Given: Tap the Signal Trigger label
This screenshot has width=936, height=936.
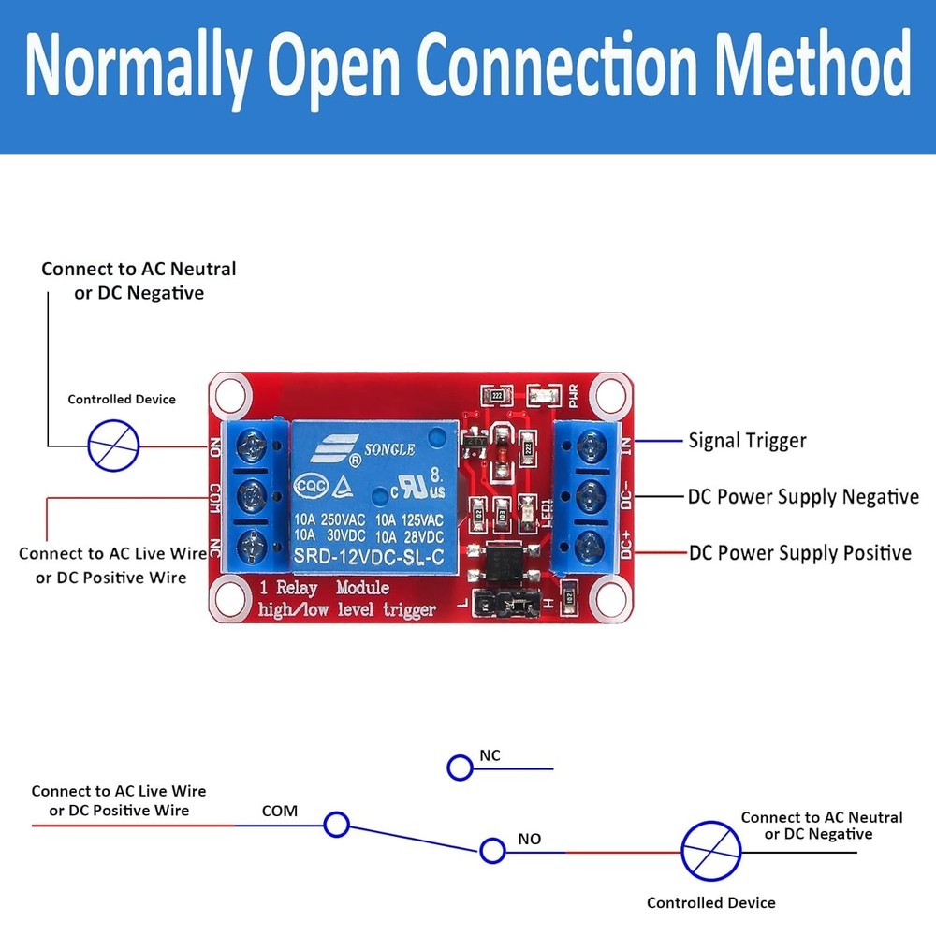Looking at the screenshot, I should (x=747, y=440).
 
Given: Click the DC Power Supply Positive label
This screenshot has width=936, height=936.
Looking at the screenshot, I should (x=800, y=552).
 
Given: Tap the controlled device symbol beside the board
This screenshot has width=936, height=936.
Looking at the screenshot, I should (x=113, y=445).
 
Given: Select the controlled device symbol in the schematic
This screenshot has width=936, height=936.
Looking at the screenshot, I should (x=710, y=852).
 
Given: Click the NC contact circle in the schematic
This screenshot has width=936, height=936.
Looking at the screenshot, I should (x=460, y=768).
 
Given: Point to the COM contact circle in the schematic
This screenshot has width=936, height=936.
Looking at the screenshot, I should (x=336, y=825).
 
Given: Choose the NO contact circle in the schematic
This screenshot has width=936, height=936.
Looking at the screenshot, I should (x=492, y=851).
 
